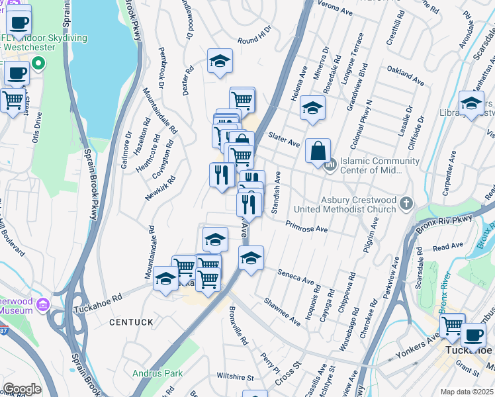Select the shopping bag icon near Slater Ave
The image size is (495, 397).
coord(318,150)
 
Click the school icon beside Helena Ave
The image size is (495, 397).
coord(312,109)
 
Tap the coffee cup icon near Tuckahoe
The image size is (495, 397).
coord(472,335)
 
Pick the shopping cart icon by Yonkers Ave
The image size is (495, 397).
coord(453,326)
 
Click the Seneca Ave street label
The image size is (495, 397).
coord(295,277)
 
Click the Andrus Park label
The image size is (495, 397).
coord(157,374)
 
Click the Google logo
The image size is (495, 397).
coord(22,389)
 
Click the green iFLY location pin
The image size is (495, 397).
coord(38,64)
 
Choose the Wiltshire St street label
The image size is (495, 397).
coord(232,377)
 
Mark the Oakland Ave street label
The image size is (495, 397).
coord(404,69)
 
